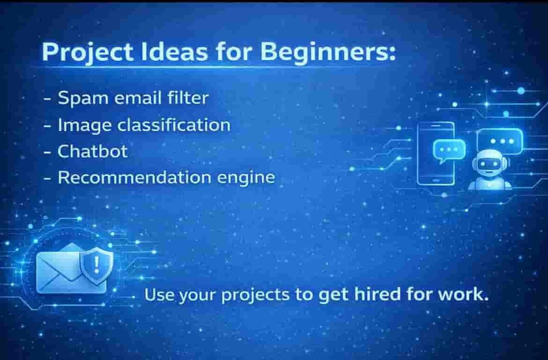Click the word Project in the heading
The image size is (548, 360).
pos(88,53)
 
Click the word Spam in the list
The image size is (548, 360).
pos(83,98)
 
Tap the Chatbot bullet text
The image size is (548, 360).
pos(92,151)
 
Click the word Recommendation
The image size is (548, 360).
pos(134,177)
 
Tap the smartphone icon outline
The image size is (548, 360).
pos(436,153)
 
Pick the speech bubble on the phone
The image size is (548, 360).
pos(449,150)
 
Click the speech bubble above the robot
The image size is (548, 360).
pos(500,141)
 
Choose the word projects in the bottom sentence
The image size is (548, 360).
pos(255,295)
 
